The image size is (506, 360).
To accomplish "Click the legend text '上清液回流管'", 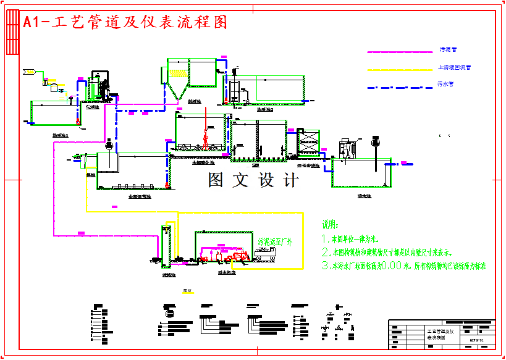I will pos(454,67).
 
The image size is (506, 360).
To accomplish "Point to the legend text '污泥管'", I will pos(448,49).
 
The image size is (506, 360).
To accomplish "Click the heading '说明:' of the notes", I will pos(331,225).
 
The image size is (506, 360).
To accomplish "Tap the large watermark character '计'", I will pos(289,180).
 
